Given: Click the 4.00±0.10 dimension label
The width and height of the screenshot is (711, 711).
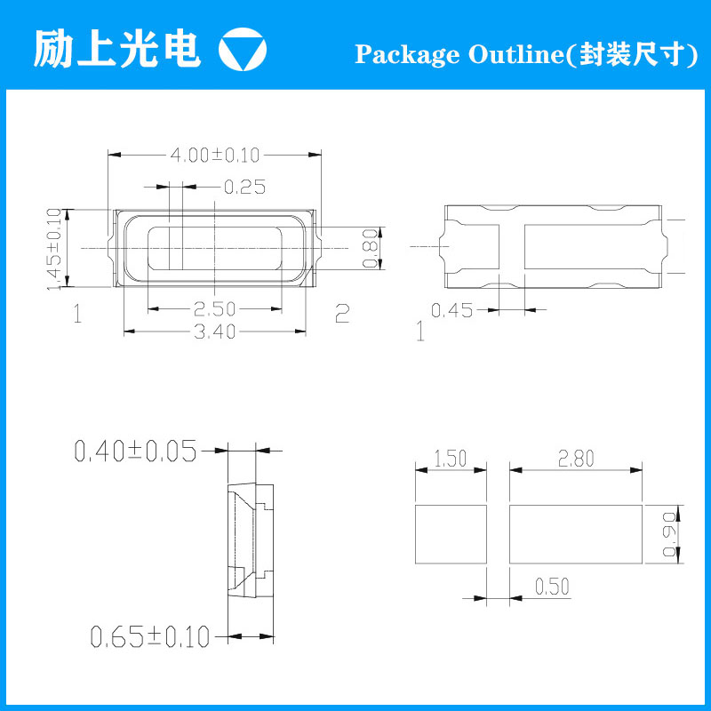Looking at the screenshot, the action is [214, 155].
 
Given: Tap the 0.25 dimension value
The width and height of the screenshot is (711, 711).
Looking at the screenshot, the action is [245, 187].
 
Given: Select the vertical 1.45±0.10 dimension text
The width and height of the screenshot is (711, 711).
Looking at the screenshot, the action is [54, 249].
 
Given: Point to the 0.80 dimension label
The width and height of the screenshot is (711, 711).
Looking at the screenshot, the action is [371, 249].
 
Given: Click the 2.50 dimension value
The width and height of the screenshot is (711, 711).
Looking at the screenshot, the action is [214, 309].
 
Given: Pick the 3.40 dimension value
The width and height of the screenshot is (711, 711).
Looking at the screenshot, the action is [214, 332].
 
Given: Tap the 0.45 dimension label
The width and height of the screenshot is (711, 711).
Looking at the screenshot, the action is [451, 310].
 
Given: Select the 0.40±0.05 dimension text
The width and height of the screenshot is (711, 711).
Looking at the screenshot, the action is [136, 451].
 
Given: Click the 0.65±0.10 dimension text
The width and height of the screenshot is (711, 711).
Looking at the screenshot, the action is [150, 636].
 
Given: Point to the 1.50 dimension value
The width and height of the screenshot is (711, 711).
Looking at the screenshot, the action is [451, 459].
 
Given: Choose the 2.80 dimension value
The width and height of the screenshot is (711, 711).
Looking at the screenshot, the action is [576, 459].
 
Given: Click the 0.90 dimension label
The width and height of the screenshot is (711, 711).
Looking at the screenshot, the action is [670, 535].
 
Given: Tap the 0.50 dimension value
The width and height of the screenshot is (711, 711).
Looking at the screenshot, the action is [552, 587].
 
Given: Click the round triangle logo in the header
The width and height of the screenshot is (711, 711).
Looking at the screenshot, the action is [242, 50].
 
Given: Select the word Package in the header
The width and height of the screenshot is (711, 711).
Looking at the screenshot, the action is [407, 54].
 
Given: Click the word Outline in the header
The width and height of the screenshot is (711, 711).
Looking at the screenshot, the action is [515, 53].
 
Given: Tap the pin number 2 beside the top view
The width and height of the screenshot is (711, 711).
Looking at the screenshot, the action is [342, 313].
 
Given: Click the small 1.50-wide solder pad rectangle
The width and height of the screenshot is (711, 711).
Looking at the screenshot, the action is [451, 534].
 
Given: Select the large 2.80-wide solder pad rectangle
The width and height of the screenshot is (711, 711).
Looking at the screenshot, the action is [576, 534].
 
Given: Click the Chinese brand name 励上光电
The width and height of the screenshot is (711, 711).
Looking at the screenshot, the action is [117, 49].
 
